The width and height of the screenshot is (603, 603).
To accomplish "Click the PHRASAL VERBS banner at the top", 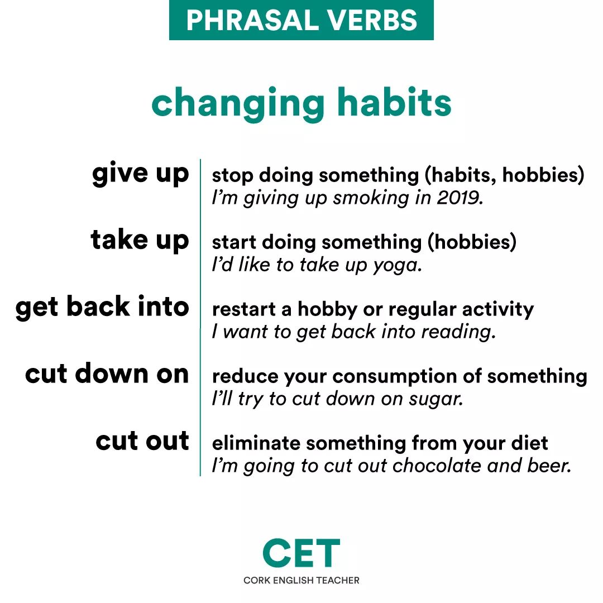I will tap(301, 20).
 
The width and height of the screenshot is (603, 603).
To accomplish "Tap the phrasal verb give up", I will tap(141, 174).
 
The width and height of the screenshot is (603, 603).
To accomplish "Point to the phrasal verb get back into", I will tap(102, 307).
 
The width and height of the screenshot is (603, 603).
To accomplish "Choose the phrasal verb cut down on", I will tap(107, 374).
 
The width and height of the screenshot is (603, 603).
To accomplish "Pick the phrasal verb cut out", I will tap(142, 441).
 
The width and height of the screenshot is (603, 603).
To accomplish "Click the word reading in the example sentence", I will tap(458, 332).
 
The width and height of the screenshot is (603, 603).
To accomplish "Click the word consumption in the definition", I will tap(395, 377).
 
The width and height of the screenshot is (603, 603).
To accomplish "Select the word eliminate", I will tap(256, 443).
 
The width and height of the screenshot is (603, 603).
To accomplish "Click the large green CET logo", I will tap(301, 553).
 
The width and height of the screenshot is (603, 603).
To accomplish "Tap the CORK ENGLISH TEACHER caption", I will tap(301, 580).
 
